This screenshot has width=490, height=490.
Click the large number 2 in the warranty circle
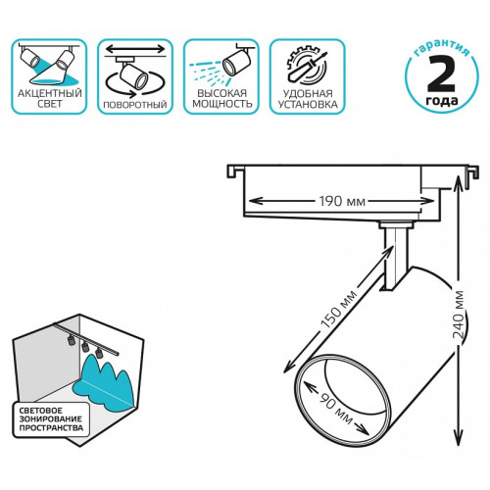tap(441, 74)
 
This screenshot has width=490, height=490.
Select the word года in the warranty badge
tap(442, 101)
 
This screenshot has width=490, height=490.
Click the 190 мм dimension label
tap(342, 201)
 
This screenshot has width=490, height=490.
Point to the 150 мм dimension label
tap(339, 309)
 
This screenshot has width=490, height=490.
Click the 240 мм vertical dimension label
tap(460, 315)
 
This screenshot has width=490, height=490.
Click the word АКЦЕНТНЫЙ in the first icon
tap(50, 93)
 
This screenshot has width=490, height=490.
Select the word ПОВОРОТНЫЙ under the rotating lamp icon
tap(135, 105)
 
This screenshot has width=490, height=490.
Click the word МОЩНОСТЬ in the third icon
tap(222, 104)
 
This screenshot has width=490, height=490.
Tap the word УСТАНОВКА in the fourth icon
tap(308, 104)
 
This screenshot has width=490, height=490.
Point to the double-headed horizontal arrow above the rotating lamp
tap(135, 49)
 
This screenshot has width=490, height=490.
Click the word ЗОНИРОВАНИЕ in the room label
tap(50, 418)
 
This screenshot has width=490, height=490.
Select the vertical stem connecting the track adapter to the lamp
tap(396, 258)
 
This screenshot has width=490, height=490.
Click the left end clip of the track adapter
tap(235, 171)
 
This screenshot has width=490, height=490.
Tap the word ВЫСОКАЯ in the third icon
tap(222, 93)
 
